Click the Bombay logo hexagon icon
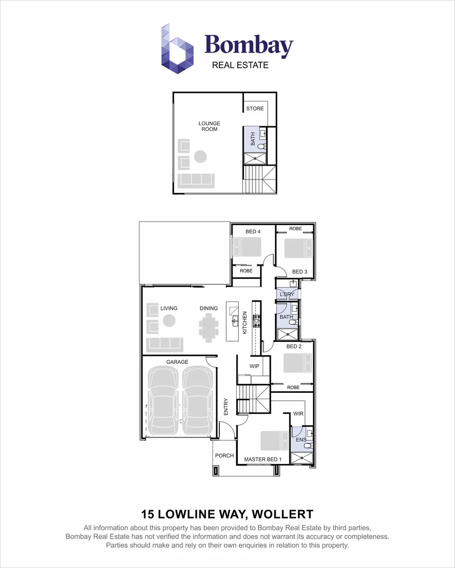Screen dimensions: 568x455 coord(177,48)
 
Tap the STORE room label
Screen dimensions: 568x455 coord(255,109)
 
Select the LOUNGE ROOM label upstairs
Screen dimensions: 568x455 coord(209,126)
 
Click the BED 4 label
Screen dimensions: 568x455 coord(253,231)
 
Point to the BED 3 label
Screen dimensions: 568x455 coord(299,271)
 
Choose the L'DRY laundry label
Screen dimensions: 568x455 coord(287,294)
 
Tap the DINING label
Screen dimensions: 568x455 coord(209,309)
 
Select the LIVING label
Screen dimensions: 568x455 coord(169,309)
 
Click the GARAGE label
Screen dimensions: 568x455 coord(177,362)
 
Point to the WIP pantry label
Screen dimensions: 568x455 coord(255,366)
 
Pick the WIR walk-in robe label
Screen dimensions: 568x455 coord(299,414)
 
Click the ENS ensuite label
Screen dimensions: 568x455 coord(301,439)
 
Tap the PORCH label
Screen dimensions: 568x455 coord(225,455)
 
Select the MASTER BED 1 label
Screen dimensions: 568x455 coord(263,460)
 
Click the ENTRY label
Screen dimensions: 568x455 coord(226,407)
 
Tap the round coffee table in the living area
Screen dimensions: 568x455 coord(169,320)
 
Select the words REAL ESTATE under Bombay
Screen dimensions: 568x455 coord(240,65)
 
